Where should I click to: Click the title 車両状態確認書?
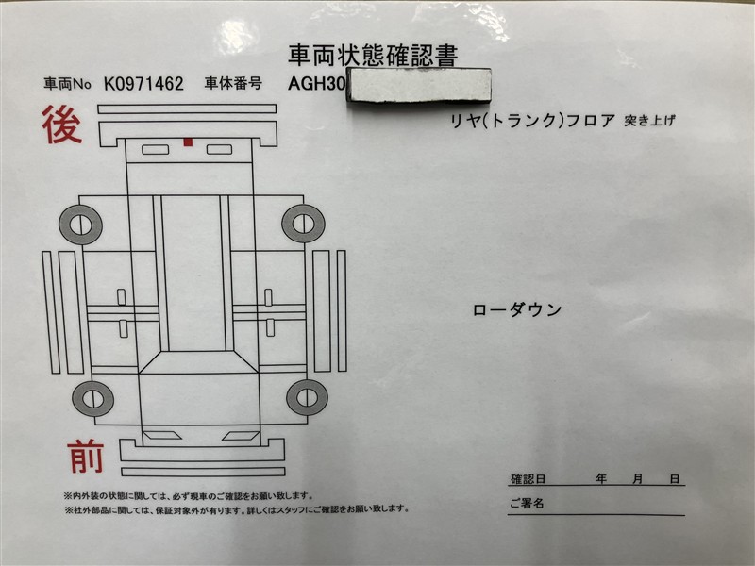point(373,56)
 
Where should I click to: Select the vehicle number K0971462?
point(143,84)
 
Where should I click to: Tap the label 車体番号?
point(233,83)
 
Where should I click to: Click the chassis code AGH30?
point(316,84)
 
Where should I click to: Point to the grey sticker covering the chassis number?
point(418,85)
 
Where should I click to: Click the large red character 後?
point(61,125)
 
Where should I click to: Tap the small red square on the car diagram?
point(188,142)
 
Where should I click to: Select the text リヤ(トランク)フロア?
point(532,121)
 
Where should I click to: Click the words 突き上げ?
point(649,121)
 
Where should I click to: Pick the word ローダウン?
point(517,309)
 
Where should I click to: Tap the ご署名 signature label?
point(527,504)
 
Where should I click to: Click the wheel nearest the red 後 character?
point(80,225)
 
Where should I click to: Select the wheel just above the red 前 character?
point(92,398)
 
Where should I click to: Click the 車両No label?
point(67,84)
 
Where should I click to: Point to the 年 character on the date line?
point(601,479)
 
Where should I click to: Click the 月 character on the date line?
point(638,479)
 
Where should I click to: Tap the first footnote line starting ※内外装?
point(188,496)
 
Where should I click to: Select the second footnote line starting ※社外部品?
point(237,508)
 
